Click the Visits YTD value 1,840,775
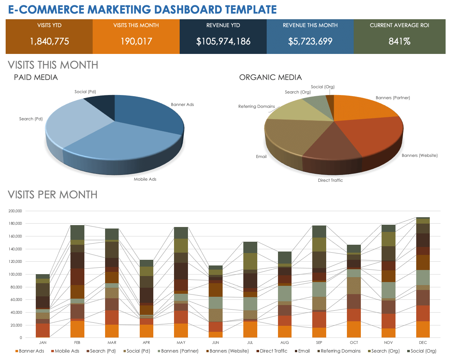click(x=49, y=41)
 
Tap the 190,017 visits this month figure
click(x=136, y=41)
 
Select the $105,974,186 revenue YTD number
click(x=223, y=41)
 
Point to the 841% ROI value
click(x=399, y=41)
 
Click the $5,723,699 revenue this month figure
click(x=310, y=41)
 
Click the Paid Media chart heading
click(x=36, y=78)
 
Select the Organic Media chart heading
click(x=270, y=78)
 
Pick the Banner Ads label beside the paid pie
click(x=182, y=104)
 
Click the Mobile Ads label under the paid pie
click(x=145, y=179)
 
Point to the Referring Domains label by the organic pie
click(x=257, y=106)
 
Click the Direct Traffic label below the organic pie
click(x=330, y=180)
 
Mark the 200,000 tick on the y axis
click(x=15, y=211)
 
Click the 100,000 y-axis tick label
click(x=15, y=274)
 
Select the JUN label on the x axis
click(x=216, y=342)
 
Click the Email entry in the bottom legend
click(x=304, y=351)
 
